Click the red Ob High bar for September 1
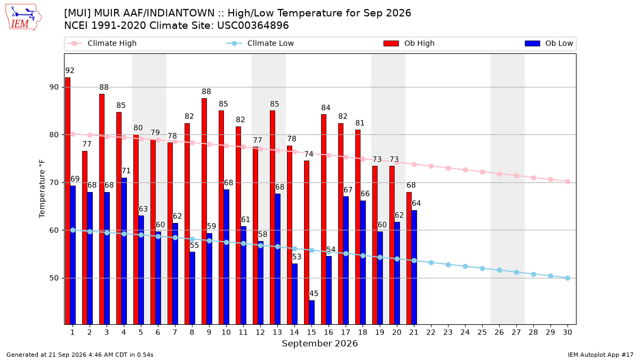point(68,201)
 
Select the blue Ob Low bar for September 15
point(311,313)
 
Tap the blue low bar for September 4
point(124,251)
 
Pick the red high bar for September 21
point(409,258)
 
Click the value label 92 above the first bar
point(70,70)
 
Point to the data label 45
point(314,293)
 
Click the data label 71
point(126,171)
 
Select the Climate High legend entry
point(102,43)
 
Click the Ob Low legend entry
point(549,43)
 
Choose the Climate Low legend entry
point(260,43)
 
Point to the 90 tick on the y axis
point(54,87)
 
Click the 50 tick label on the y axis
point(54,278)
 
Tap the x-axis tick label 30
point(567,332)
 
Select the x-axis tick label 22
point(431,332)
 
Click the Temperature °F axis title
point(42,189)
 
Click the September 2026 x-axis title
point(319,343)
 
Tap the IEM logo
point(23,18)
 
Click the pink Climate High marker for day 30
point(567,182)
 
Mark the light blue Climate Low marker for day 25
point(482,269)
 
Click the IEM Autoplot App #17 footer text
point(601,355)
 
